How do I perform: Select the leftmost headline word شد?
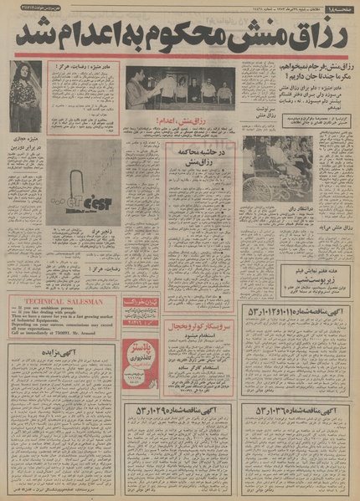click(31, 35)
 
